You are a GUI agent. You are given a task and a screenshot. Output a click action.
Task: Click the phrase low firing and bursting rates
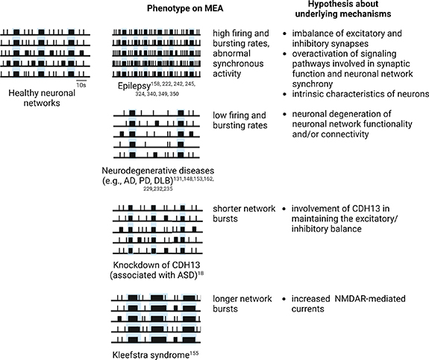(x=239, y=121)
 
